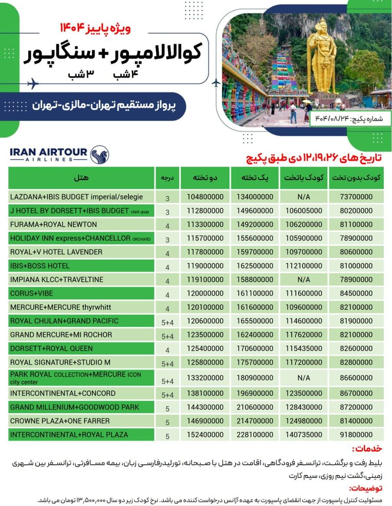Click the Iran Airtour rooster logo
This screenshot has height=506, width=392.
pos(99,155)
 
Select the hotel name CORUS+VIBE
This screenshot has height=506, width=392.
pos(32,293)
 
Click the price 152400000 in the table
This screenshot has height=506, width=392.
pos(205,435)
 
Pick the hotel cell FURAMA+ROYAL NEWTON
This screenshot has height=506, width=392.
pos(53,225)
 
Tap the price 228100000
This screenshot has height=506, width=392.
pos(255,435)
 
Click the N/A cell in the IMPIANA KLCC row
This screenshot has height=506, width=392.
pos(304,280)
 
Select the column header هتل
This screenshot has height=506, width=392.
pos(81,178)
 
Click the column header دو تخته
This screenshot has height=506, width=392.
pos(205,178)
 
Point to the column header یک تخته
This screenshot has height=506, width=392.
pos(255,178)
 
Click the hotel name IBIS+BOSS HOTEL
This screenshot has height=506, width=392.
pos(40,266)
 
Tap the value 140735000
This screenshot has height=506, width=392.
pos(304,435)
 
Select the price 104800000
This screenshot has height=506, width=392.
pos(205,197)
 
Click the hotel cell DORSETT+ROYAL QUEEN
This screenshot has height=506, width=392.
pos(51,348)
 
